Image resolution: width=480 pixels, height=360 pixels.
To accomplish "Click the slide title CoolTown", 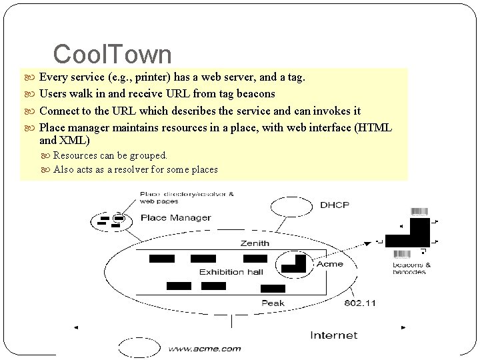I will [x=112, y=53].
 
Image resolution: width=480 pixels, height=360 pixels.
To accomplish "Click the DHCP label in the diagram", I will [x=334, y=204].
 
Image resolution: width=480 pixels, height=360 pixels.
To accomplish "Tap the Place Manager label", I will [x=176, y=217].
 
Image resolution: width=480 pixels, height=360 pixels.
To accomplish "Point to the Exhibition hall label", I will [x=231, y=271].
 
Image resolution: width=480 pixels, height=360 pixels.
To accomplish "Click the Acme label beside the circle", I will [x=329, y=264].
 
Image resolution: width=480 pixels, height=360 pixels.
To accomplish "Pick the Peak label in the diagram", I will [x=273, y=303].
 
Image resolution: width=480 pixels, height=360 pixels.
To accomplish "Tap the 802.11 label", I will [x=360, y=303].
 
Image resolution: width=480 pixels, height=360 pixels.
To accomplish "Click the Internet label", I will [x=334, y=335].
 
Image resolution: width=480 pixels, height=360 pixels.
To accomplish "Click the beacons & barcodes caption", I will [x=411, y=268].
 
